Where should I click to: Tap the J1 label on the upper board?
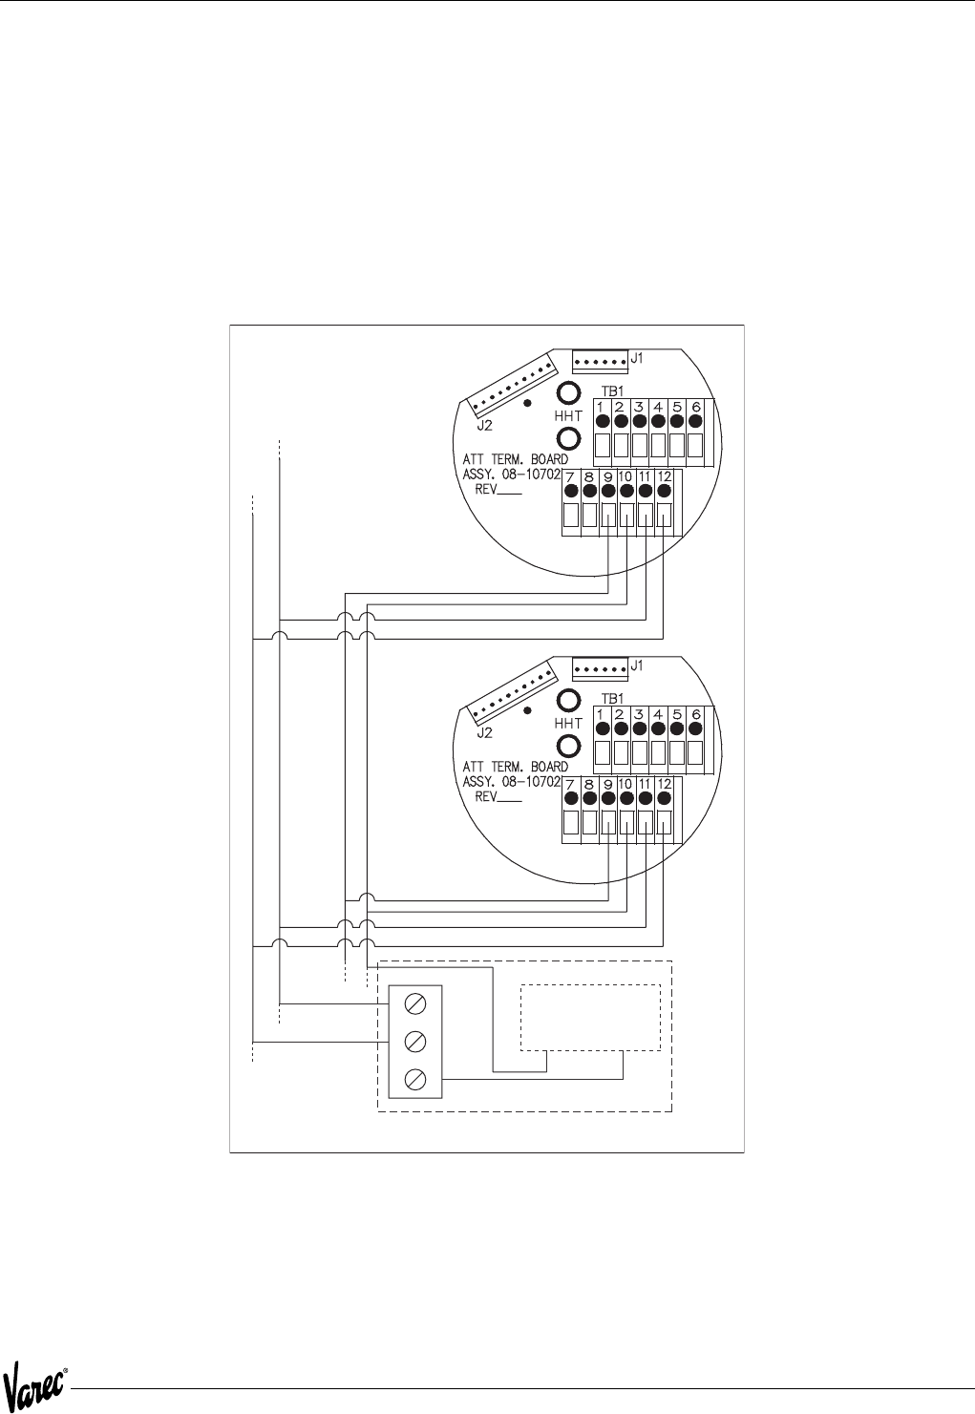637,358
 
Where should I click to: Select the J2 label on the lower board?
484,733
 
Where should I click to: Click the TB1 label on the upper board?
612,391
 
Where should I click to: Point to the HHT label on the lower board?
567,724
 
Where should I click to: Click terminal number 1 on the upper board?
602,407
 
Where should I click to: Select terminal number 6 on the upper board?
696,407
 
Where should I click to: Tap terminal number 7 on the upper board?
571,476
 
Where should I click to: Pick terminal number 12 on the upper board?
664,476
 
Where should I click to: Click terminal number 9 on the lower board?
608,784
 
